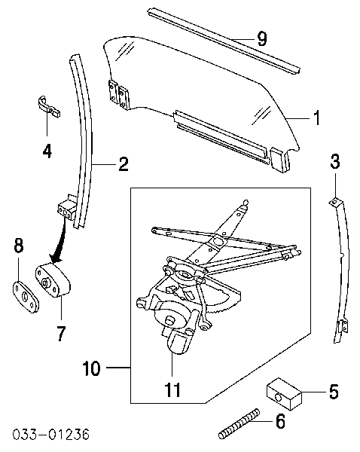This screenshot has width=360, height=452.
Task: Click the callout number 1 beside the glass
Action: coord(317,118)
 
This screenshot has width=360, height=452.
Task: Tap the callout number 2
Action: coord(124,164)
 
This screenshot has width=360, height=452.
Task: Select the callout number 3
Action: coord(335,161)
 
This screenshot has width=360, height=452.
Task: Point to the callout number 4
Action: coord(47,151)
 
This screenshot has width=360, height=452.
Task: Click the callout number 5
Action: coord(334,392)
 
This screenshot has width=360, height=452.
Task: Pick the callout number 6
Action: coord(280,421)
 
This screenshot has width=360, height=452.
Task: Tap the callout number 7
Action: coord(61,334)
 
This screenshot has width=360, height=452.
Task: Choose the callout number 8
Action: coord(18,246)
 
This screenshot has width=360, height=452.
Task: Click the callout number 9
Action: coord(261,38)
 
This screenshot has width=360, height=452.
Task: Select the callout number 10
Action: coord(91,368)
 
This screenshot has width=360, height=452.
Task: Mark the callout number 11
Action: coord(172,389)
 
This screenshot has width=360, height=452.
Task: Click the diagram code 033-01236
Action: coord(50,435)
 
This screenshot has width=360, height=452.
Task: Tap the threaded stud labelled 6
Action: coord(239,423)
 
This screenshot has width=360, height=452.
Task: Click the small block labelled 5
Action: coord(284,393)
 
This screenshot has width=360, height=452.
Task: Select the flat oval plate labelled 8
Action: coord(26,297)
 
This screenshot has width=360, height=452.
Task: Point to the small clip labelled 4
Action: coord(49,106)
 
